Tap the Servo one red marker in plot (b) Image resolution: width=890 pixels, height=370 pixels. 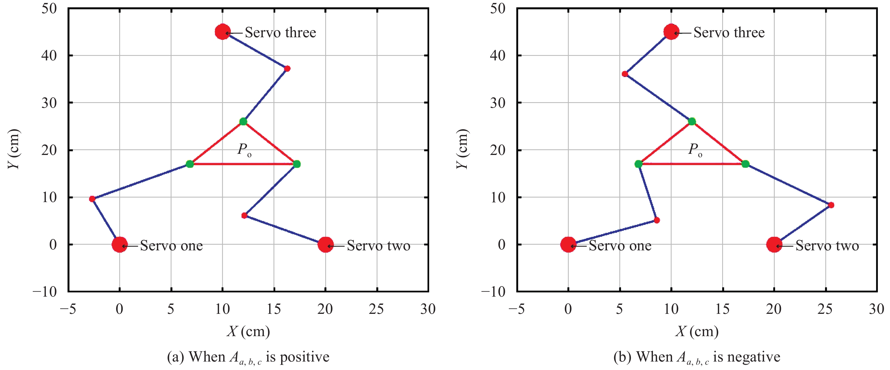coord(568,244)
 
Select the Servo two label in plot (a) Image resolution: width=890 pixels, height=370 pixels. coord(378,246)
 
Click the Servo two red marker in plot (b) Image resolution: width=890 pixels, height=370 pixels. coord(774,244)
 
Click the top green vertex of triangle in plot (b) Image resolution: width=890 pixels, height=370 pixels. coord(692,121)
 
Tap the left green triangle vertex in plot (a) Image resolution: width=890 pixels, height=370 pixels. coord(190,164)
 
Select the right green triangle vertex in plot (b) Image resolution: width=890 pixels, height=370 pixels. coord(745,164)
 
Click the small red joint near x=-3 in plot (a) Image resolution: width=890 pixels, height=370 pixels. coord(92,199)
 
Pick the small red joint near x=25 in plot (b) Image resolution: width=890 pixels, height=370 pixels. coord(831,205)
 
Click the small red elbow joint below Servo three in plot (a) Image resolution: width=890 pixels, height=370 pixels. coord(287,69)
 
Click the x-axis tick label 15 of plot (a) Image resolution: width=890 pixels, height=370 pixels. coord(273,309)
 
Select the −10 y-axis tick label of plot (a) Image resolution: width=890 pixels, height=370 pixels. coord(45,292)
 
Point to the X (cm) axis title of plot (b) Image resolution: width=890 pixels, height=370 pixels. coord(697,331)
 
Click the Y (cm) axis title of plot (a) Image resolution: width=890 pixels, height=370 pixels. coord(14,149)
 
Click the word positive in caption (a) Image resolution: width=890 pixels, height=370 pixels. coord(304,357)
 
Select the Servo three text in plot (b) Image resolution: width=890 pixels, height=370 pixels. coord(729,32)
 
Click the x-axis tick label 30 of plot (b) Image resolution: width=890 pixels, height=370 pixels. coord(876,309)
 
